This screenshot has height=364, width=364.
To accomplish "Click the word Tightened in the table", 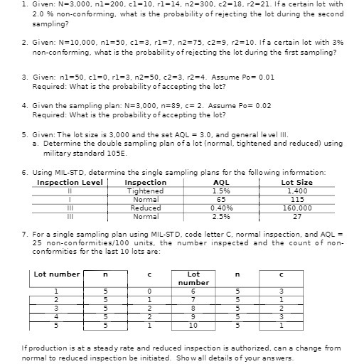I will click(x=145, y=191).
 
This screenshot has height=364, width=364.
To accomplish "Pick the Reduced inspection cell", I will click(x=145, y=208).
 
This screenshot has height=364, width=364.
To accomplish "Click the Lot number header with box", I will click(x=57, y=274).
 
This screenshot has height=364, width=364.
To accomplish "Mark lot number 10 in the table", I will click(x=193, y=325).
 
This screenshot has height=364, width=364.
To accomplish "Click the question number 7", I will click(x=25, y=233).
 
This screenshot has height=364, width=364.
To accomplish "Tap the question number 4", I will click(x=25, y=105).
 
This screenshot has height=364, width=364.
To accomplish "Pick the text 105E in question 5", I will click(x=124, y=152).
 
